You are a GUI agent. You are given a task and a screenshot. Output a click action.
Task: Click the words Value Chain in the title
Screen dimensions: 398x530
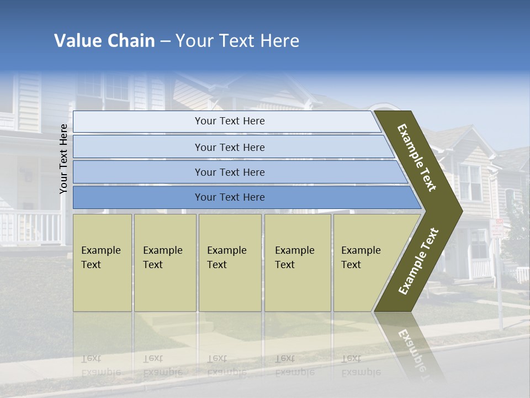tap(104, 41)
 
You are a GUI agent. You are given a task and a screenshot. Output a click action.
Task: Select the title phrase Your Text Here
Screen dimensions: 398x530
tap(237, 41)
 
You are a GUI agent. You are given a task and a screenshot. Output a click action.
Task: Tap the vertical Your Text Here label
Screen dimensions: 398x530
tap(63, 159)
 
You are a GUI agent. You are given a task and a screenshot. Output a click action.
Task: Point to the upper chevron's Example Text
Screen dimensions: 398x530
tap(417, 158)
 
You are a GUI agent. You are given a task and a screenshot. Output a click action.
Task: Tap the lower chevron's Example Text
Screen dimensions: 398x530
tap(418, 261)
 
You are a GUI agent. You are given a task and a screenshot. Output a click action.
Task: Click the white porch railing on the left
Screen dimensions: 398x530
tap(30, 228)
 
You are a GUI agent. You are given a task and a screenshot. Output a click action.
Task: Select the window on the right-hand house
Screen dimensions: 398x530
tap(470, 182)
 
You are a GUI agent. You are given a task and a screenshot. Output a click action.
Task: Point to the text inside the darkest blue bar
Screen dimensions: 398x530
tap(230, 197)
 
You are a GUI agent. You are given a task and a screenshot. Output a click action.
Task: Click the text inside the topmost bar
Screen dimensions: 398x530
tap(230, 121)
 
